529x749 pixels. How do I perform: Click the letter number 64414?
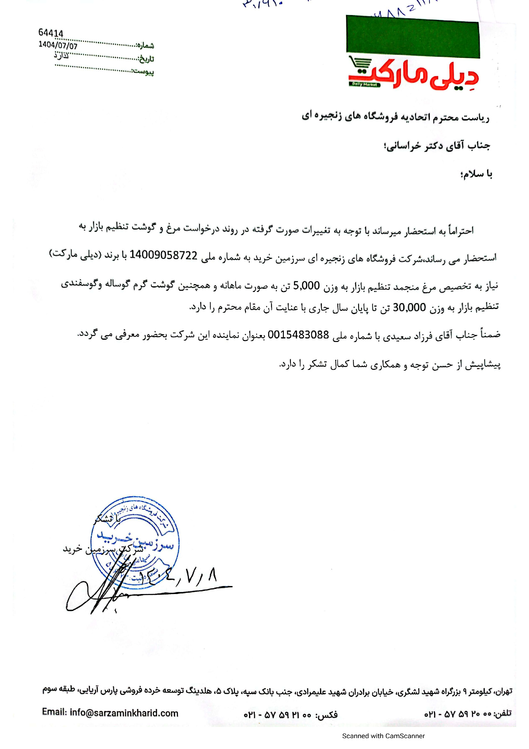51,33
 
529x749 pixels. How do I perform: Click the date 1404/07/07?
58,45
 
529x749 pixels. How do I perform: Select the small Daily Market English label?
365,85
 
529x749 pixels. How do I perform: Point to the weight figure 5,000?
306,286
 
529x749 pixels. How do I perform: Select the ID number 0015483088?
298,335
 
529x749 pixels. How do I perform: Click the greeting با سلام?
476,174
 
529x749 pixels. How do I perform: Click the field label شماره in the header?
145,45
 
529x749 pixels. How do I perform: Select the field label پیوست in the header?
143,71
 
